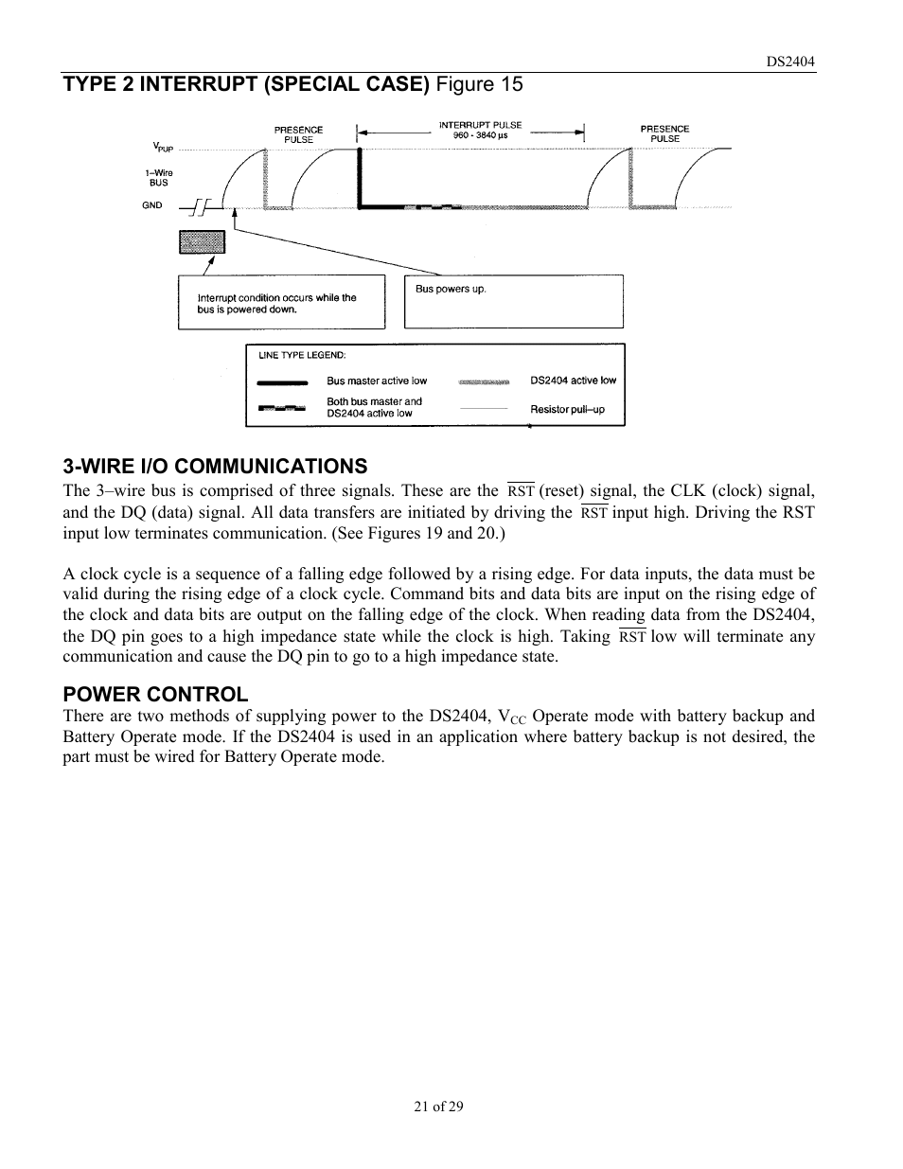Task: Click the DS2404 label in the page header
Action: tap(789, 62)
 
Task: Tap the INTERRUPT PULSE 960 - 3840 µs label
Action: tap(481, 130)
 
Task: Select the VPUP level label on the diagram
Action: tap(163, 148)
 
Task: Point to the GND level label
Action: tap(152, 205)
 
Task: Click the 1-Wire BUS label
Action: tap(158, 178)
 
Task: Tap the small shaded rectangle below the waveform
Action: tap(202, 242)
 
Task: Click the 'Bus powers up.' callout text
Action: tap(451, 289)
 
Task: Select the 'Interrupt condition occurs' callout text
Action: tap(276, 303)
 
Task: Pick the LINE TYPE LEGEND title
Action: tap(302, 355)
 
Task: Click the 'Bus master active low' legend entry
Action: tap(377, 381)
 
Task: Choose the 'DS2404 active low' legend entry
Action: tap(573, 381)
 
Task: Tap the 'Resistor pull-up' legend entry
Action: tap(567, 410)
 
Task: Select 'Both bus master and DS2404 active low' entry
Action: tap(374, 407)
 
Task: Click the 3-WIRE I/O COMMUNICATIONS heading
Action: tap(215, 466)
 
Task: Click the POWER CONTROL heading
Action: tap(155, 694)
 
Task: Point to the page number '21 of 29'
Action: tap(438, 1107)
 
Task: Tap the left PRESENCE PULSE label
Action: tap(299, 134)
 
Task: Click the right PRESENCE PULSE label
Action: tap(664, 133)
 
